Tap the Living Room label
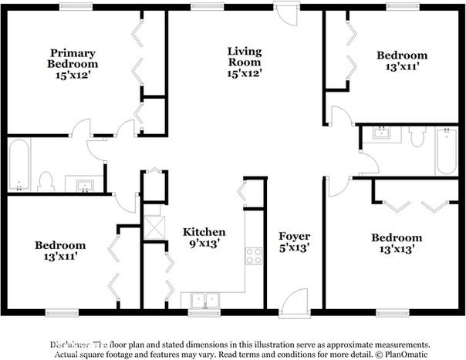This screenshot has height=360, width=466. (x=244, y=56)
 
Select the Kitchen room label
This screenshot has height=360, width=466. (x=204, y=232)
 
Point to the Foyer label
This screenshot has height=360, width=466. (x=294, y=237)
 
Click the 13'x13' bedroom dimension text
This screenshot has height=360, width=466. (x=396, y=250)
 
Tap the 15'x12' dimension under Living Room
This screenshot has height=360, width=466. (x=244, y=73)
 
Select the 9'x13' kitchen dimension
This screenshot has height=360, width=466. (x=204, y=244)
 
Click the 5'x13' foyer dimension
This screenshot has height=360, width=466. (x=294, y=249)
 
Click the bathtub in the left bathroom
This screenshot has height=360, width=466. (x=19, y=164)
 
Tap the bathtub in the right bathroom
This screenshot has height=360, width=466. (x=445, y=151)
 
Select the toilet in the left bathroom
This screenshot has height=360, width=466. (x=45, y=182)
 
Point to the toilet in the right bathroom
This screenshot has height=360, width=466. (x=417, y=137)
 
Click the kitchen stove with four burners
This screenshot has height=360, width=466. (x=254, y=255)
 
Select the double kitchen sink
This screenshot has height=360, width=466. (x=202, y=299)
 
